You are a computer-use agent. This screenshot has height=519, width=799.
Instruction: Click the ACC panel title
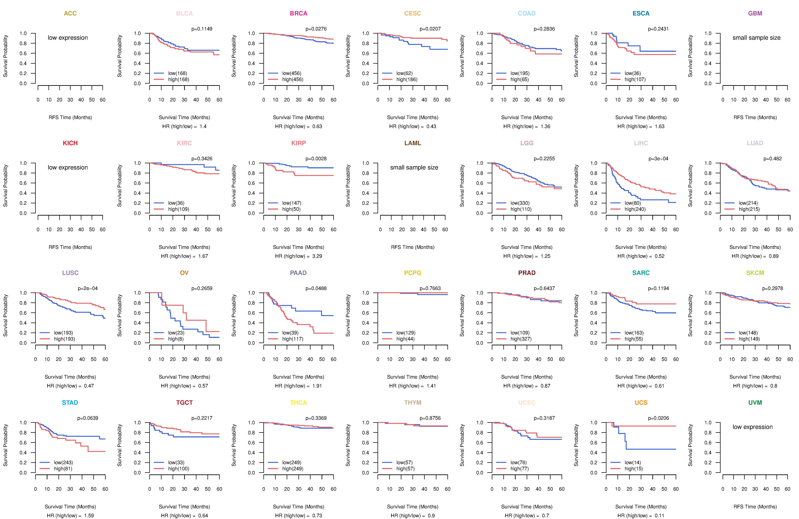pos(70,13)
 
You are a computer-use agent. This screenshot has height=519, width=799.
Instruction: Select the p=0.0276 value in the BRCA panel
pos(316,29)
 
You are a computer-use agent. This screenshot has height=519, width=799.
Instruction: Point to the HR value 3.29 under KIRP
pos(317,256)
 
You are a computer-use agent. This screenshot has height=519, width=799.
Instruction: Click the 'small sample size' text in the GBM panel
pos(756,38)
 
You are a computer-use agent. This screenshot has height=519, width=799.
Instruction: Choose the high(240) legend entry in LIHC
pos(635,209)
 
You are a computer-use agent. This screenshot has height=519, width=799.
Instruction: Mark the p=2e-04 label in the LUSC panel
pos(88,288)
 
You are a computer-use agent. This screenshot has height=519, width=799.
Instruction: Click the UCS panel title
pos(641,403)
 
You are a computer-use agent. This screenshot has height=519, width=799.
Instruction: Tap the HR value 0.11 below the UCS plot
pos(659,516)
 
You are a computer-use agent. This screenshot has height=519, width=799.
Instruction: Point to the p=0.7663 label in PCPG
pos(430,288)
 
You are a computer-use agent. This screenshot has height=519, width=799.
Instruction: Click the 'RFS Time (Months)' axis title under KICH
pos(70,247)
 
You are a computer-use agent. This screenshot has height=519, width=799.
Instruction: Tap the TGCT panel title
pos(184,403)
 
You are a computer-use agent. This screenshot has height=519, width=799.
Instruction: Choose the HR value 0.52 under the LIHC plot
pos(659,256)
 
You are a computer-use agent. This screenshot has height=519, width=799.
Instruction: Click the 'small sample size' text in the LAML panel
pos(414,167)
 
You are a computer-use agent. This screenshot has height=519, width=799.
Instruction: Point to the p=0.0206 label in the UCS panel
pos(658,418)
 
